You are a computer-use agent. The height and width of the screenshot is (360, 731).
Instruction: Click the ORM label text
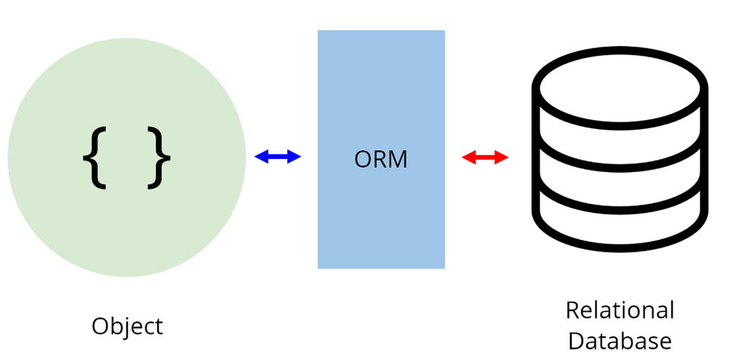point(380,159)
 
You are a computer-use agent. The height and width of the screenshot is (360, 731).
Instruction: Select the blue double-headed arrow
point(278,157)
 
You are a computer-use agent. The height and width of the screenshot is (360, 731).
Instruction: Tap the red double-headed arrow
point(485,157)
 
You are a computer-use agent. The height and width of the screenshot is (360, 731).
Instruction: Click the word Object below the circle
point(127,326)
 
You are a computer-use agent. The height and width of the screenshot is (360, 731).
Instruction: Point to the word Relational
point(619,310)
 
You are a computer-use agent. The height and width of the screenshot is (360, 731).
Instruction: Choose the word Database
point(620,341)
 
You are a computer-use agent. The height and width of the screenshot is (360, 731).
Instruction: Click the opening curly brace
point(94,158)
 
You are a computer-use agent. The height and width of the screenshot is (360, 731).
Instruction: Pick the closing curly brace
point(159,158)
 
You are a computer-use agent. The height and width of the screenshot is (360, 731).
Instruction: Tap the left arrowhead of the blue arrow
point(261,157)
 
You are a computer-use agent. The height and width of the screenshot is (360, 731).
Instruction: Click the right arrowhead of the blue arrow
point(295,157)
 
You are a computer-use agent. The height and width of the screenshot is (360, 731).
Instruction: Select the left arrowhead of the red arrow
point(469,157)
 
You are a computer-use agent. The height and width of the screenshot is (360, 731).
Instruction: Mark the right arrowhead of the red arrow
point(501,157)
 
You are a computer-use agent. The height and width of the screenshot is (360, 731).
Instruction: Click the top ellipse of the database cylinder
point(619,53)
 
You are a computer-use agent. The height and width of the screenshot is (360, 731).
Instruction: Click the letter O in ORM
point(363,160)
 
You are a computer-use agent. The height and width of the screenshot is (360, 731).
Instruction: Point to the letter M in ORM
point(398,160)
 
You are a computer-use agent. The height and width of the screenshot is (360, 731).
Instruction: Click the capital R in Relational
point(573,310)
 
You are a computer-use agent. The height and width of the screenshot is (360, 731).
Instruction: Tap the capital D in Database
point(577,341)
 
